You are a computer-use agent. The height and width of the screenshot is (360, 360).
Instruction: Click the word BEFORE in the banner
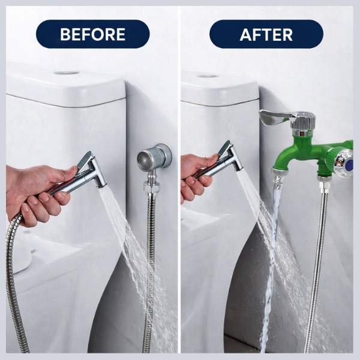92,34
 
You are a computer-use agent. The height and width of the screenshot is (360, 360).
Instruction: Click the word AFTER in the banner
266,35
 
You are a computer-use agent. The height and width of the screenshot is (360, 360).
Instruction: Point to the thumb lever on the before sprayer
84,160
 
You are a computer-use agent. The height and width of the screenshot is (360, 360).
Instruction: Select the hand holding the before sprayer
37,193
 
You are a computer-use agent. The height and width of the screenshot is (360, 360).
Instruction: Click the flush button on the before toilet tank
67,73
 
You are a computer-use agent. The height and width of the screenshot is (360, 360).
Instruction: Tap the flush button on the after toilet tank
207,76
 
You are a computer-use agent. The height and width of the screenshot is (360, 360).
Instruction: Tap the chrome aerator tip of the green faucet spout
278,178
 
